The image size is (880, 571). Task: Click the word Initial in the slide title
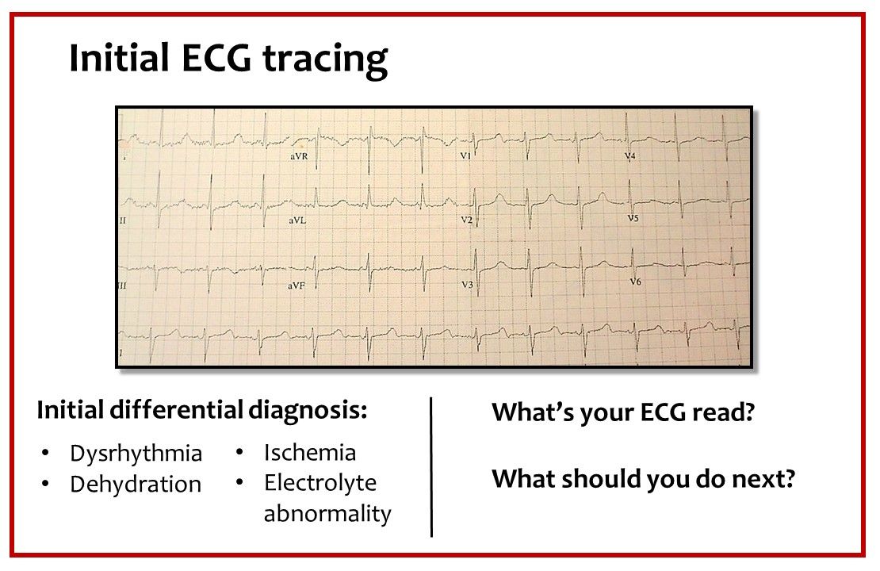pos(118,58)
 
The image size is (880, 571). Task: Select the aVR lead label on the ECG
pos(300,158)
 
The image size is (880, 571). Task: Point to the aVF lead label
pos(299,282)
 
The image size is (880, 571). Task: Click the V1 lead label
pos(466,157)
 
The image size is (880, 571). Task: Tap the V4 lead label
pos(630,157)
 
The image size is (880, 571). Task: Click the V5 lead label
pos(633,217)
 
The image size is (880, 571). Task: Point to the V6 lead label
pos(636,282)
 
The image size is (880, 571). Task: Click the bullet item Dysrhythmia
pos(136,454)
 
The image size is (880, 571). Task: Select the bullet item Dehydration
pos(136,485)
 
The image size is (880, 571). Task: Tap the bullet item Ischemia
pos(310,453)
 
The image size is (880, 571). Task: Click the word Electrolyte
pos(320,483)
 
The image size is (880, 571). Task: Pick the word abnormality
pos(327,514)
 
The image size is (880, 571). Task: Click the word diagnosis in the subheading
pos(308,412)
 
